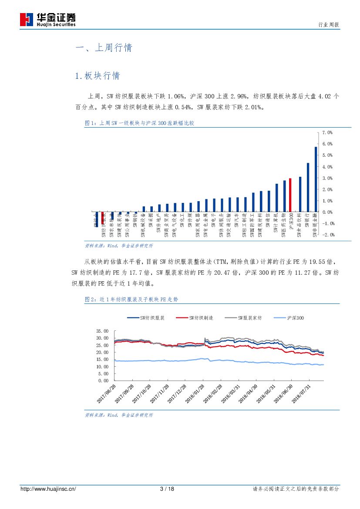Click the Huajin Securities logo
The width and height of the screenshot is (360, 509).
click(x=48, y=20)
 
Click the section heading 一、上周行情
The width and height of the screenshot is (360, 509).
click(x=104, y=48)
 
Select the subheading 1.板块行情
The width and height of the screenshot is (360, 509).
click(x=98, y=76)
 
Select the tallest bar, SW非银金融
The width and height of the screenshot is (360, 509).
click(x=316, y=179)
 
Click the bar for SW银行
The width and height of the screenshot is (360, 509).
click(x=308, y=187)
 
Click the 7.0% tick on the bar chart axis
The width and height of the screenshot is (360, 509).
click(x=327, y=132)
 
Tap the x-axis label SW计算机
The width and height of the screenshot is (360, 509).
click(x=276, y=224)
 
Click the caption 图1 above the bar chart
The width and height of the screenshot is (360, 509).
click(x=139, y=123)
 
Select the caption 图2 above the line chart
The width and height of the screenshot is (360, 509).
click(x=131, y=300)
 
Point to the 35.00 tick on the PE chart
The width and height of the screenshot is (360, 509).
click(x=102, y=331)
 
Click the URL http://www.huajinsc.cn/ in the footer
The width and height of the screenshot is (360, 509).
click(x=48, y=489)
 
